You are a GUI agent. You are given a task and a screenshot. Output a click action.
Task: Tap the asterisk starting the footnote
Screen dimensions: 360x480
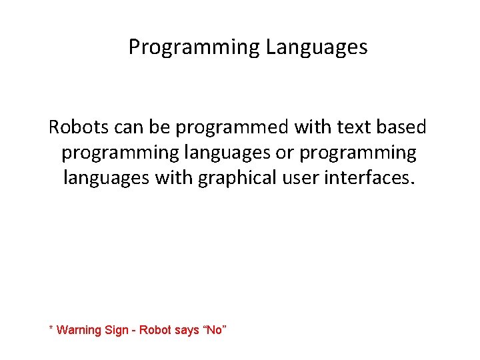click(51, 329)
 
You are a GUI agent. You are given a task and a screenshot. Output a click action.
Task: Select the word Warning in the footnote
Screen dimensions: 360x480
click(79, 330)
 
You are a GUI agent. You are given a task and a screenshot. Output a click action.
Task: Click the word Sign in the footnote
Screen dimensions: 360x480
click(117, 330)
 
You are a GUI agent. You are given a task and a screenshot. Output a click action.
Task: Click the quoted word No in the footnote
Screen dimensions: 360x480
click(214, 330)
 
